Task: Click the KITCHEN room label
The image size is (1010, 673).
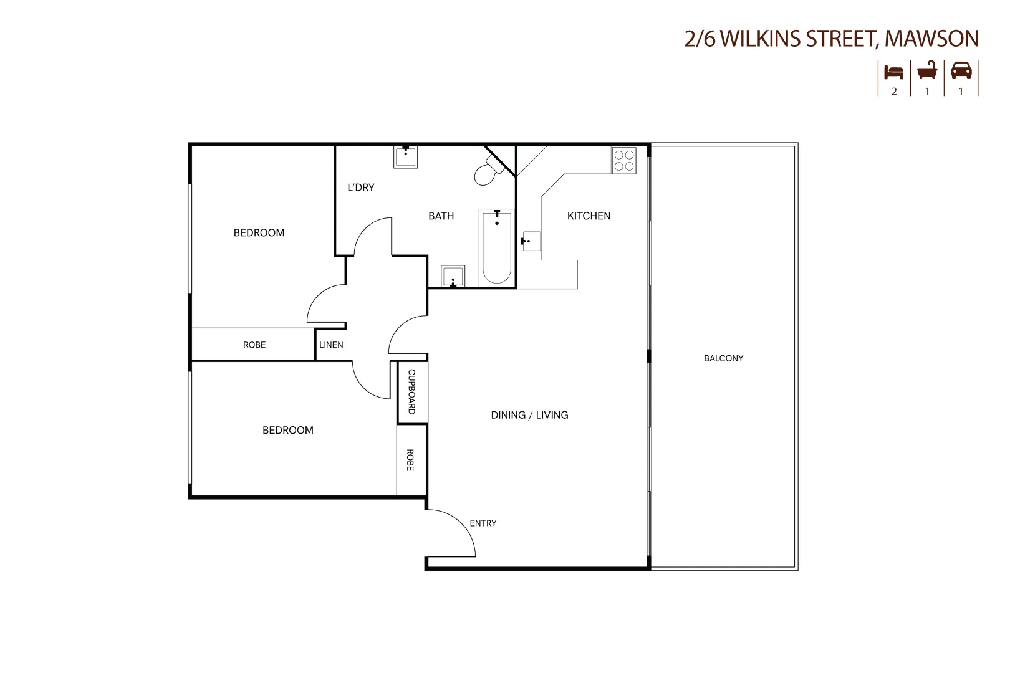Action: pos(589,216)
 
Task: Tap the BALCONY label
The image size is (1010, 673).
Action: pos(723,358)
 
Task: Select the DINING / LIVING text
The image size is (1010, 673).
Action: pos(529,415)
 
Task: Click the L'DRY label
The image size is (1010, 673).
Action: pos(361,188)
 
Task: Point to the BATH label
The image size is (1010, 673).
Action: pos(441,216)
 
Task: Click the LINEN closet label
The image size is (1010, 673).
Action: pos(331,345)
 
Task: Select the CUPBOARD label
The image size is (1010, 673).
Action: pos(411,392)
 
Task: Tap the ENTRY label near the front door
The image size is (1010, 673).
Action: pos(483,523)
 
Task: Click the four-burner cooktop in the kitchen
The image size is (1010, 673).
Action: pos(624,161)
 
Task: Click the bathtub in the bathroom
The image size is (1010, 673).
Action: pos(497,248)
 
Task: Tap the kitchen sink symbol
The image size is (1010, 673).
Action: pos(531,241)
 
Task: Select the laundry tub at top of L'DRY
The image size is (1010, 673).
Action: pos(405,156)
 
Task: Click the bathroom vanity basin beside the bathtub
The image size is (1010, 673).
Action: pos(453,276)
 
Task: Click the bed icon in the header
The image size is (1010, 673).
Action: pos(893,72)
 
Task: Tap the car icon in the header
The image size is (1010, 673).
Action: pos(961,70)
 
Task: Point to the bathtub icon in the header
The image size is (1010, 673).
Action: pos(927,71)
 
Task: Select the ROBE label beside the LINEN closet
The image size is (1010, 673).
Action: pos(254,345)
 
